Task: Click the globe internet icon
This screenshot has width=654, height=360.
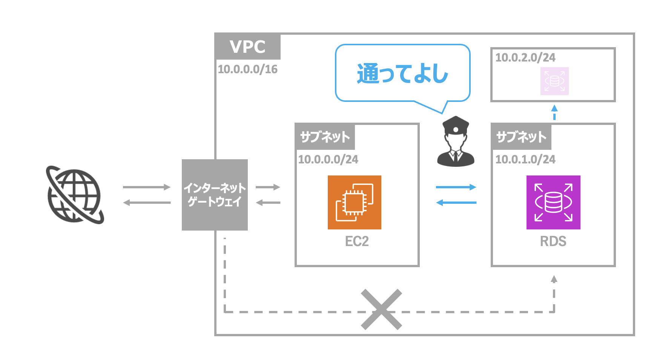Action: coord(75,195)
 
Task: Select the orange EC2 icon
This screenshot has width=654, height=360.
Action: coord(354,202)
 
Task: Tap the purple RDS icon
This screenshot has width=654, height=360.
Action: coord(553,202)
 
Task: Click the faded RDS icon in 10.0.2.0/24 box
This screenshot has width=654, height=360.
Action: coord(554,81)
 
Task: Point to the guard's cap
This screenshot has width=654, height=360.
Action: coord(456,124)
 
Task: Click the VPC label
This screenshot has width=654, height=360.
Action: coord(247,47)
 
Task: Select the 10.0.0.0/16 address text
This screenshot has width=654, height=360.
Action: coord(247,69)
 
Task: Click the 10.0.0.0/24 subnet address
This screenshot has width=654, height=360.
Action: coord(328,159)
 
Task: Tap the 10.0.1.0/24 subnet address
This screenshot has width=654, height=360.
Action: coord(525,159)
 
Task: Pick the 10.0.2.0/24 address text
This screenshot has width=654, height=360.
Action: coord(525,58)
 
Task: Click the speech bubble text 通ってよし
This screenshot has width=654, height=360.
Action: coord(402,74)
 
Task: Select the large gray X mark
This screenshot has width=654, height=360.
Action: coord(381,309)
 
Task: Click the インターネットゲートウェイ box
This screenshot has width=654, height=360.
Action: coord(215,195)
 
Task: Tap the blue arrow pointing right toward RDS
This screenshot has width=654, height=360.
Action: coord(456,187)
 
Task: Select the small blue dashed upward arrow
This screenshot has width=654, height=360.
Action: coord(554,112)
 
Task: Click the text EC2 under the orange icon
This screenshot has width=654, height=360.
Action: coord(356,241)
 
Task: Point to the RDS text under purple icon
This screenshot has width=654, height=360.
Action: coord(553,241)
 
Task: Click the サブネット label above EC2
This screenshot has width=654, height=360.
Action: coord(325,137)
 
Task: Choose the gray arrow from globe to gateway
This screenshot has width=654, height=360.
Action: coord(146,187)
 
